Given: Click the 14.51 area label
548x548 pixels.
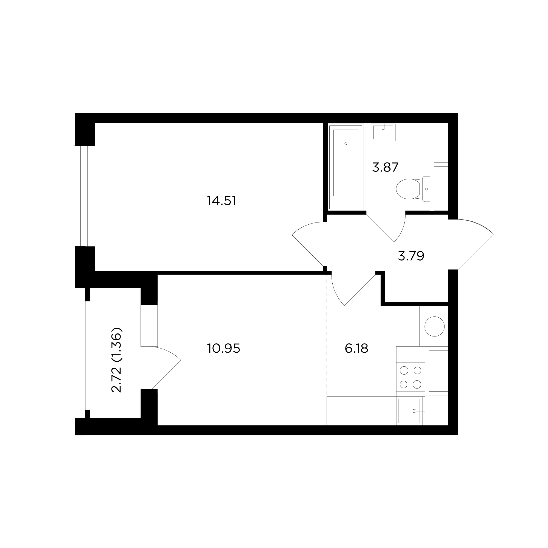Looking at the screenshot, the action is (x=221, y=201).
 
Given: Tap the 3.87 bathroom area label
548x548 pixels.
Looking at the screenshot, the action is (x=385, y=167).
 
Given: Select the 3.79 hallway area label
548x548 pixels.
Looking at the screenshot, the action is (x=411, y=256).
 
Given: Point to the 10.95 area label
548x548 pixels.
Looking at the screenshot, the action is (x=224, y=348).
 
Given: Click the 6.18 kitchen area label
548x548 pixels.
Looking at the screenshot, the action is (x=356, y=348).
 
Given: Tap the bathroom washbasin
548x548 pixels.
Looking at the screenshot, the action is (x=383, y=132).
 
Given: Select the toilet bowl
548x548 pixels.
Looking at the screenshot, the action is (x=408, y=189).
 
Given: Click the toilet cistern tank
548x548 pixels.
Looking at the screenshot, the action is (x=426, y=189).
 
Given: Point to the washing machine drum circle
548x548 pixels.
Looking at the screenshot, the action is (x=434, y=327).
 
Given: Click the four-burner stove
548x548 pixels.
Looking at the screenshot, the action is (x=410, y=377).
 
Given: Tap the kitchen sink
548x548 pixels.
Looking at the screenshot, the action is (x=409, y=411).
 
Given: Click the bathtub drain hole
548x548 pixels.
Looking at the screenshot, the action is (x=346, y=144).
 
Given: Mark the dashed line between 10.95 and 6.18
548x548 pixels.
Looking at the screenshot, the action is (x=327, y=335).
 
